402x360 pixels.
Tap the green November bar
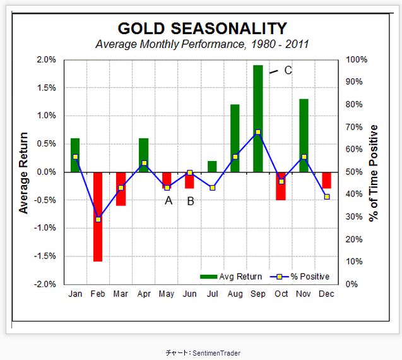pos(304,135)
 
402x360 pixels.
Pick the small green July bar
pos(212,166)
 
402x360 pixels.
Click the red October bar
pos(281,186)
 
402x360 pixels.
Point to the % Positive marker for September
pos(257,133)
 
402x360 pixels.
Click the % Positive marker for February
pos(98,219)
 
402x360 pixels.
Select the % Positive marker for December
pos(326,197)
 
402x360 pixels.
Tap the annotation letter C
pos(288,70)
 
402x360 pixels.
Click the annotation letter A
pos(168,201)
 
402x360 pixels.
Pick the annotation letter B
pos(191,201)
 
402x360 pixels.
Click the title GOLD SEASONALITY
pos(202,28)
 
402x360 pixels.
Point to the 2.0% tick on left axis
pos(47,59)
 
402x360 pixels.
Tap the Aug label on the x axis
pos(235,294)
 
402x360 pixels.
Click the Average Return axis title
pos(24,172)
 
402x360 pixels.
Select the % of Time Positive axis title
pos(374,172)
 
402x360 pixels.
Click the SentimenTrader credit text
pos(201,353)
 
